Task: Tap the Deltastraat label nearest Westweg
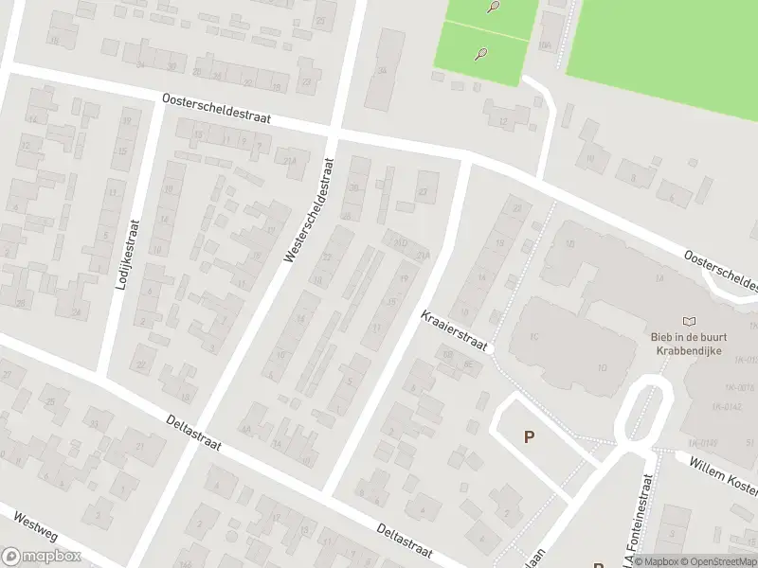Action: (192, 433)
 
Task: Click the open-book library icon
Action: (689, 322)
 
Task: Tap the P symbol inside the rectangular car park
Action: (528, 437)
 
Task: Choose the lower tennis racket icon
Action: (481, 54)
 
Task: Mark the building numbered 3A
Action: (382, 69)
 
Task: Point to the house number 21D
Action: (401, 243)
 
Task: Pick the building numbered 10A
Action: (545, 44)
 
